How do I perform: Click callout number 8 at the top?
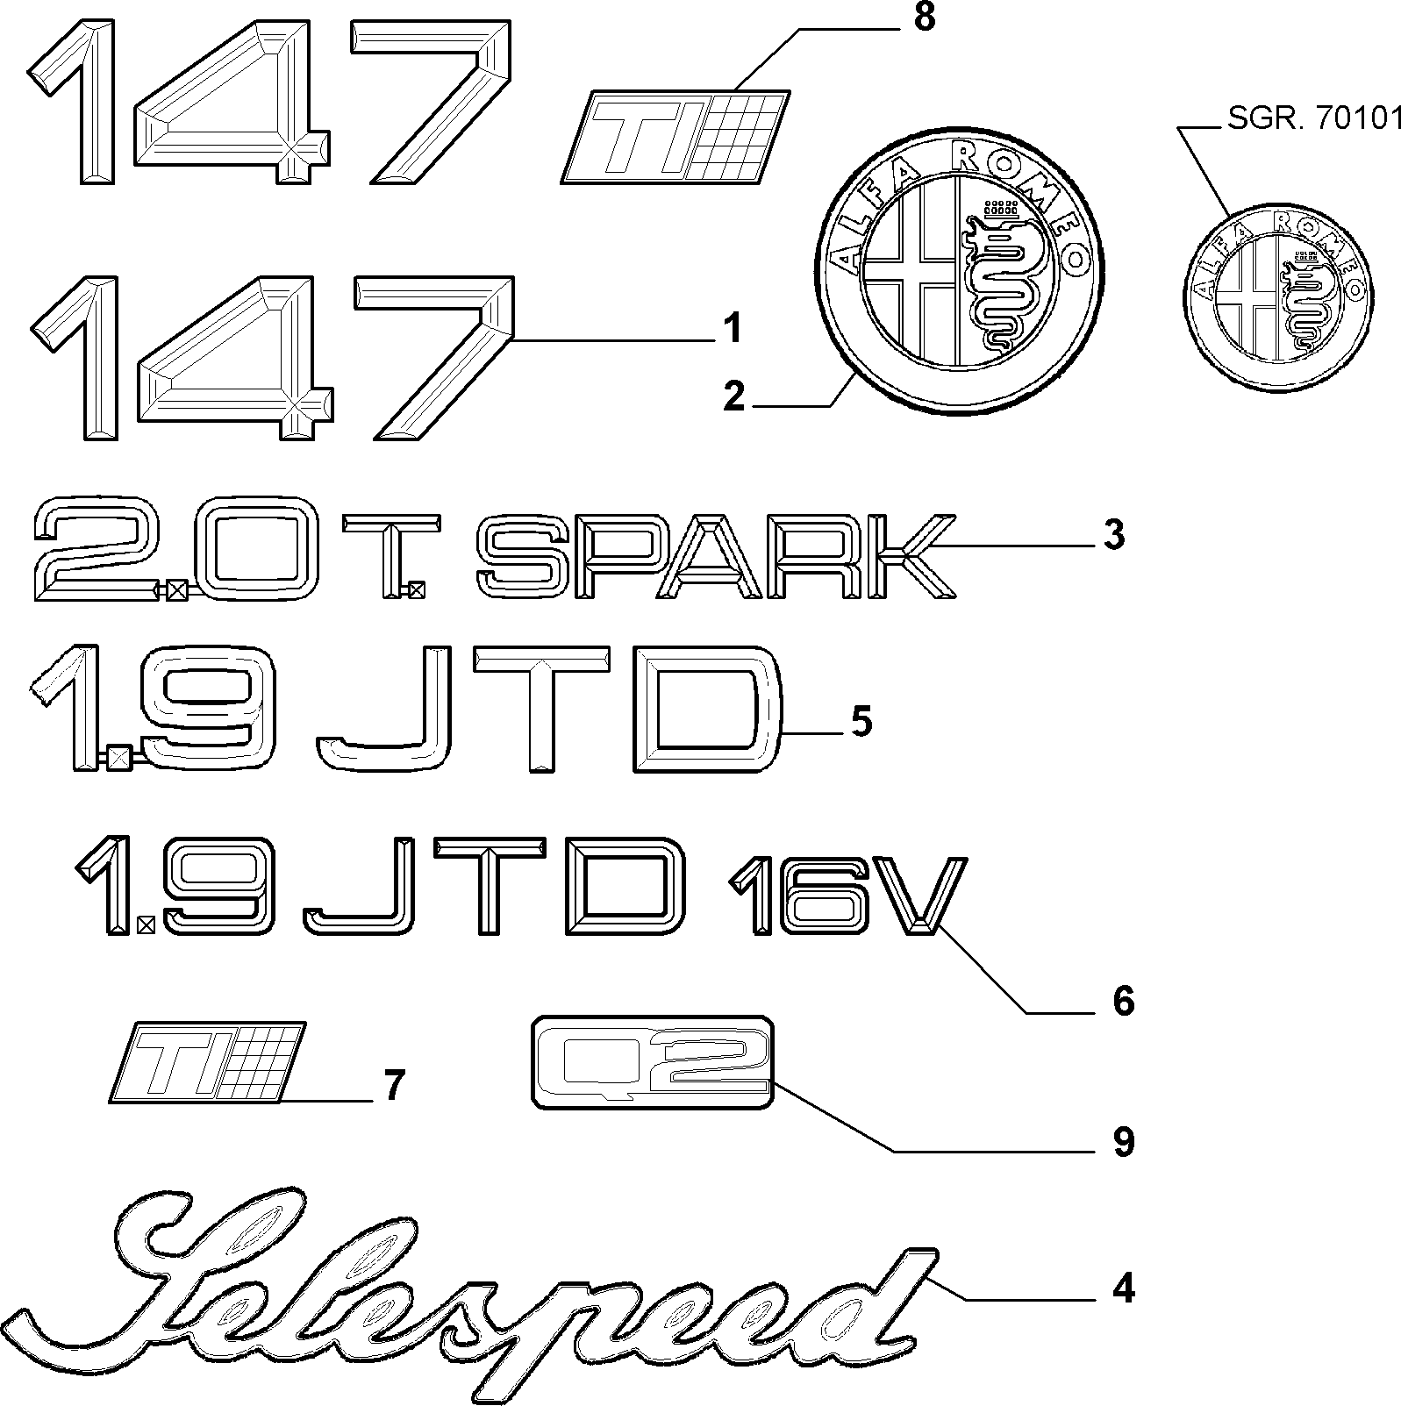[925, 18]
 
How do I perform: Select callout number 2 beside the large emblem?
[733, 398]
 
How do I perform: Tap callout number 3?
[1114, 535]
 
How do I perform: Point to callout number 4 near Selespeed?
[1124, 1290]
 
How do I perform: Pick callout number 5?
[861, 723]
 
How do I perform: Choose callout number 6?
[1124, 1001]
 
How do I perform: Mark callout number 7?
[394, 1087]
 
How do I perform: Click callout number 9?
[1124, 1142]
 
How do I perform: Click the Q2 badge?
[654, 1062]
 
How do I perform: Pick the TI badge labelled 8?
[675, 135]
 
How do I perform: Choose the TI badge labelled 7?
[209, 1061]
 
